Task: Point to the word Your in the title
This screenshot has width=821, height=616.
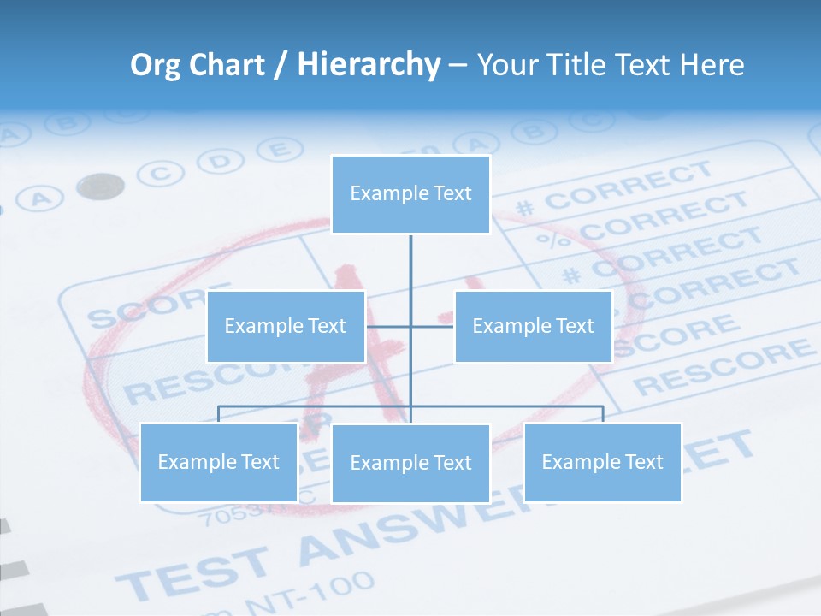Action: (x=505, y=65)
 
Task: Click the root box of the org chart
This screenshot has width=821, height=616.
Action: (x=410, y=194)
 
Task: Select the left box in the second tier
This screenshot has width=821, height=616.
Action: (x=286, y=326)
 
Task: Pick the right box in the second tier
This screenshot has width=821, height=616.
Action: (x=533, y=326)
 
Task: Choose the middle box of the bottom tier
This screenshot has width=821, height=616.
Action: (x=410, y=463)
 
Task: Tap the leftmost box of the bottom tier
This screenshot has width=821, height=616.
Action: (x=219, y=462)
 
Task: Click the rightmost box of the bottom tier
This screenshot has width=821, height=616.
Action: (x=602, y=462)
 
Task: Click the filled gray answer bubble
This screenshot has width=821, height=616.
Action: (x=100, y=186)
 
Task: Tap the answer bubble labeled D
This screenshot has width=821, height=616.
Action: (x=220, y=161)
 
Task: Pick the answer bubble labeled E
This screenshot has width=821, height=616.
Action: (x=275, y=151)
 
